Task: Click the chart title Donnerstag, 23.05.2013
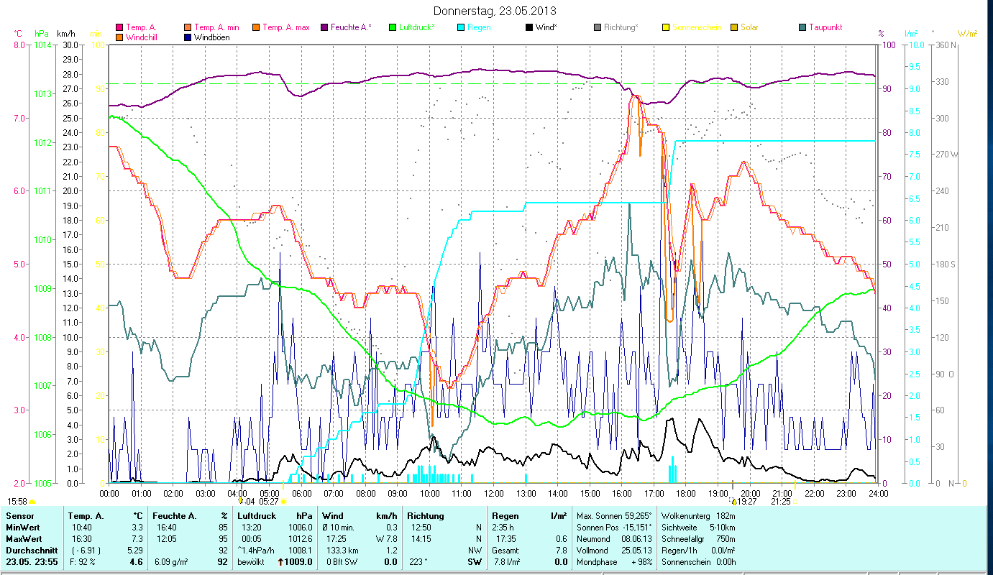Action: pyautogui.click(x=495, y=11)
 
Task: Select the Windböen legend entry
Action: pyautogui.click(x=211, y=37)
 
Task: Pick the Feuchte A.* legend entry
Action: pyautogui.click(x=347, y=27)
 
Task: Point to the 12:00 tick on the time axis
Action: pyautogui.click(x=494, y=493)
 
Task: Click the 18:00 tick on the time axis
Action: pyautogui.click(x=686, y=493)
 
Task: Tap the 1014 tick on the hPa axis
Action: pyautogui.click(x=42, y=45)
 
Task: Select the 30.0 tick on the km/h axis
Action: pyautogui.click(x=70, y=45)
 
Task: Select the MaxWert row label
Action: pyautogui.click(x=24, y=538)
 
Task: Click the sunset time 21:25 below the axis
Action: pyautogui.click(x=781, y=501)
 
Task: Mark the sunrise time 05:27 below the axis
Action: pyautogui.click(x=269, y=501)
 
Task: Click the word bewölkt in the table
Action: pyautogui.click(x=252, y=561)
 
